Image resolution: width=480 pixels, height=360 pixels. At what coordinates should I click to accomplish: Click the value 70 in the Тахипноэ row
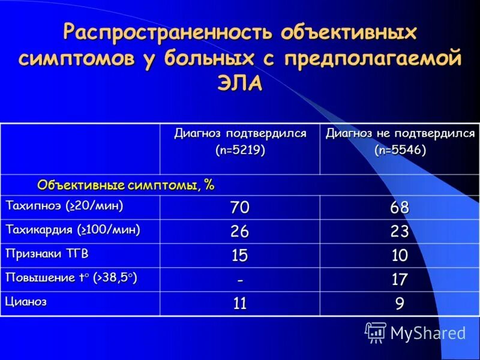[239, 208]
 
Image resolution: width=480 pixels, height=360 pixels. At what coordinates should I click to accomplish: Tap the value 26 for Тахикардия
[239, 232]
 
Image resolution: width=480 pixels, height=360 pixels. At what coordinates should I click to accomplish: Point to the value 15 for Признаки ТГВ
[239, 256]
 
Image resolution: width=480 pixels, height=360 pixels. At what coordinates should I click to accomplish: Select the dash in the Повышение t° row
[239, 280]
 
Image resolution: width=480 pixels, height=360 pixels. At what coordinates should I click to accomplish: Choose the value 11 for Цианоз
[239, 304]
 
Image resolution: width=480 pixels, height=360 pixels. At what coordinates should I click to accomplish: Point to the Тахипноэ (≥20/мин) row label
[64, 206]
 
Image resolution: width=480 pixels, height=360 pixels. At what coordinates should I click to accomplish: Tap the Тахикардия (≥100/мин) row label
[73, 230]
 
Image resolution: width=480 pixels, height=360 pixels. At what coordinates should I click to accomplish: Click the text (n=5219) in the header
[240, 150]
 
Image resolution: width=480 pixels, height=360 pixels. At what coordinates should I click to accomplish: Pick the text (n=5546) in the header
[400, 150]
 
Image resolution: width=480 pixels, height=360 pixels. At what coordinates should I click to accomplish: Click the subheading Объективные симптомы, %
[125, 184]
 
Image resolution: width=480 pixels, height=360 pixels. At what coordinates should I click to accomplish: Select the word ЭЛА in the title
[239, 83]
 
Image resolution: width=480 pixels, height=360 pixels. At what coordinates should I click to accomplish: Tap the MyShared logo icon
[376, 332]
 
